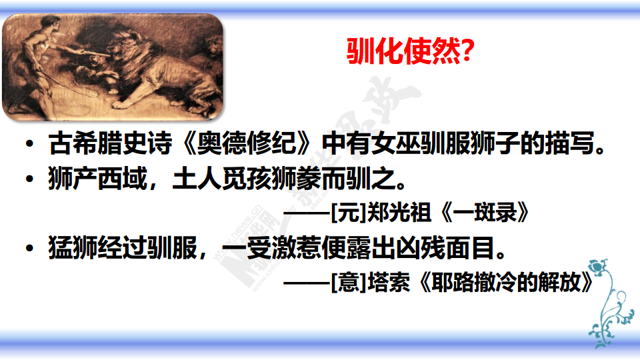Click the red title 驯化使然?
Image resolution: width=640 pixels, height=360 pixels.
click(x=410, y=51)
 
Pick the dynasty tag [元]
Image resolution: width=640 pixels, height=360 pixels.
click(x=349, y=213)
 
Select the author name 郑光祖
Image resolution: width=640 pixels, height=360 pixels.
click(x=399, y=213)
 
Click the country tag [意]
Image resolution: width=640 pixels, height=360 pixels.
click(x=349, y=282)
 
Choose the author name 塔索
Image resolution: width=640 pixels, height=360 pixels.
click(x=389, y=282)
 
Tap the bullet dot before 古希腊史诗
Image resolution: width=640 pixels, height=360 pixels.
click(x=29, y=144)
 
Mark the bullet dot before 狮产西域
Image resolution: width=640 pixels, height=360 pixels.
click(x=29, y=179)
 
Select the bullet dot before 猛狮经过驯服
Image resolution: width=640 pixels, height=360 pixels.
click(x=29, y=248)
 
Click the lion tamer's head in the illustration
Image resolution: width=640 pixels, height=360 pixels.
click(x=51, y=22)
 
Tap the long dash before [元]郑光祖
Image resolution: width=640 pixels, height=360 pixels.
click(x=307, y=213)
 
